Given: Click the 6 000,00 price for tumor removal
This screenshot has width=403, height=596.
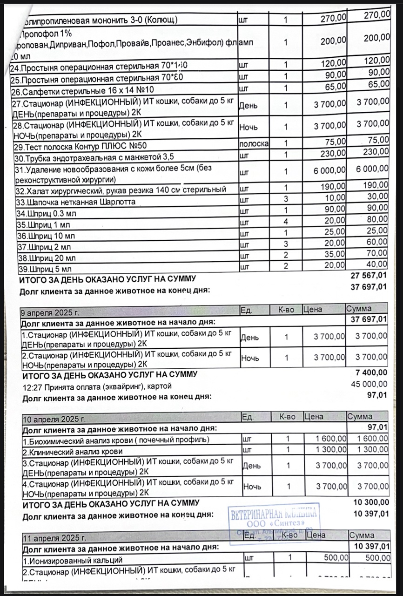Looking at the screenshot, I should [x=329, y=171].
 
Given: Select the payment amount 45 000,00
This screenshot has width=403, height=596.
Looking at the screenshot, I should [x=369, y=384].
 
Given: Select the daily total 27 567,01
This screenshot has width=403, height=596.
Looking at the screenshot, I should [x=369, y=277].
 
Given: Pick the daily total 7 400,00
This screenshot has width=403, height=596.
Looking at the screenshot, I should [x=371, y=372].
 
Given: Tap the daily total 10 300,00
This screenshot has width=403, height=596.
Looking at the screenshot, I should [x=371, y=502].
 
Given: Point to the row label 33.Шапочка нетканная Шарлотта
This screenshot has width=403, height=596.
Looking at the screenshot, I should [x=76, y=203].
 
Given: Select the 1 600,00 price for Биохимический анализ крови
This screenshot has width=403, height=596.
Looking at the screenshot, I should [x=331, y=439].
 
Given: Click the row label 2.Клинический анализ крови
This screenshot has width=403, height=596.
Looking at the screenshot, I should [x=73, y=451].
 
